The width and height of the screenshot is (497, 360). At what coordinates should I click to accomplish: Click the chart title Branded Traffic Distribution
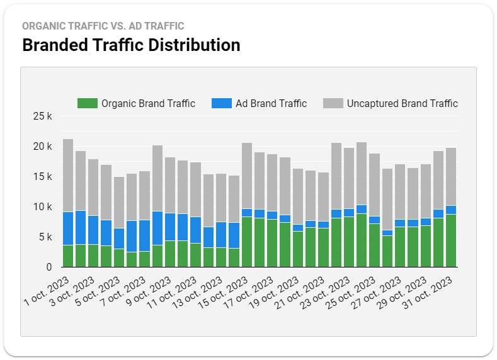tap(131, 45)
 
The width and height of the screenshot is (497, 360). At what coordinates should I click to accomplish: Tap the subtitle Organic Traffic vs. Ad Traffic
tap(103, 26)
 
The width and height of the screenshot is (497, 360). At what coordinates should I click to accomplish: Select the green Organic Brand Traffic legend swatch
tap(87, 103)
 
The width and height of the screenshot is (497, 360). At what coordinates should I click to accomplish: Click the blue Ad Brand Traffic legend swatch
tap(221, 103)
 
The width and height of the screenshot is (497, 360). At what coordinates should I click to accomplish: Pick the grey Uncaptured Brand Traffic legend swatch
tap(333, 103)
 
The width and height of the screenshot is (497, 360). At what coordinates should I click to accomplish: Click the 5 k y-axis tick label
tap(45, 237)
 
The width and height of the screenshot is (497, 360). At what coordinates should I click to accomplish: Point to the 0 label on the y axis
tap(49, 267)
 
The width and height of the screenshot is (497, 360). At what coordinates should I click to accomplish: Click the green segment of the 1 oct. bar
tap(68, 256)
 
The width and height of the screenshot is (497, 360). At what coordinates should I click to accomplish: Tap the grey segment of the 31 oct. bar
tap(450, 177)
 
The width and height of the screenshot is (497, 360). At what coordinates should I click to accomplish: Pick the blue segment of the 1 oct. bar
tap(68, 228)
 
